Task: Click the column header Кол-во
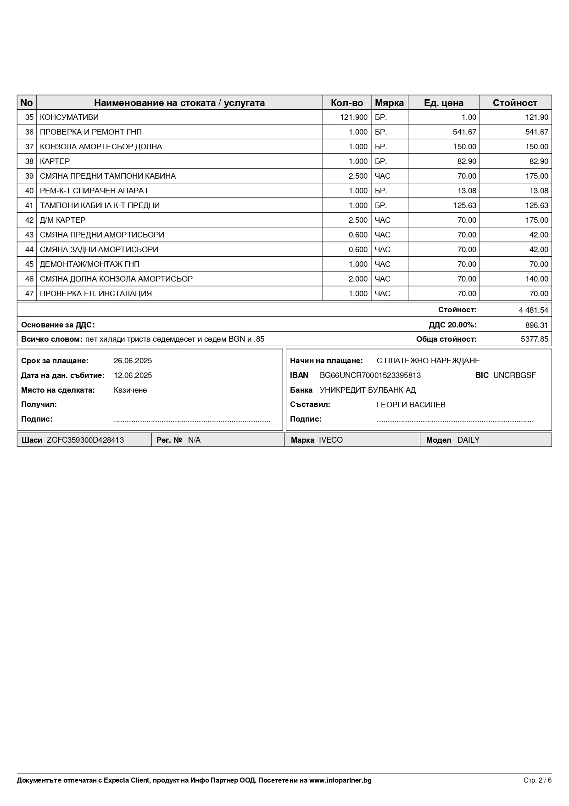346,102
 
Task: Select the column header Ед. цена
443,102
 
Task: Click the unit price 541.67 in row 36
464,132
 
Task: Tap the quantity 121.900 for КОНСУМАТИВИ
353,117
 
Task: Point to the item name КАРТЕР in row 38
55,161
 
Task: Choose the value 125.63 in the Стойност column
536,205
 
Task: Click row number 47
29,293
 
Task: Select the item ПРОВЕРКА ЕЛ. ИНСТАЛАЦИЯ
95,293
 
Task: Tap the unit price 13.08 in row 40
467,191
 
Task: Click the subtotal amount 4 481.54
533,310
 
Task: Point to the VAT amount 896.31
536,325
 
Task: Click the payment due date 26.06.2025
133,361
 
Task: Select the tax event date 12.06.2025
133,375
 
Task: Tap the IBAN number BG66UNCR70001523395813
370,375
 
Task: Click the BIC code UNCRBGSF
514,375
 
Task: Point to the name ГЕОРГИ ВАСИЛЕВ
411,405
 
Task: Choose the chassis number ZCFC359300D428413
85,440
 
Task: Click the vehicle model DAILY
468,440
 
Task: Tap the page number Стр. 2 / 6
537,780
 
